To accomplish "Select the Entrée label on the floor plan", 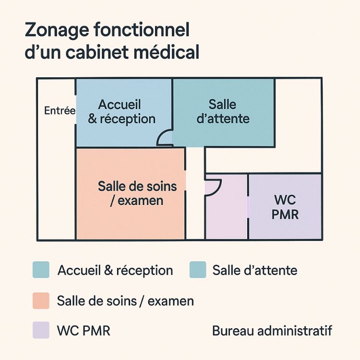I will (x=60, y=111).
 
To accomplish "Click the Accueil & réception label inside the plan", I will (x=122, y=112).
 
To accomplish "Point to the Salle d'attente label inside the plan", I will (x=223, y=111).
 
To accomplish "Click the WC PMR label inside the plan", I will (x=285, y=207).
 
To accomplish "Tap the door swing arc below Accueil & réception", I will (x=165, y=137).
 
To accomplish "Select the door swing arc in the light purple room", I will (x=213, y=187).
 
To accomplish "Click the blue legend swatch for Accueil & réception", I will (x=41, y=270).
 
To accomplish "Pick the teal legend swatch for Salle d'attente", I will (x=198, y=270).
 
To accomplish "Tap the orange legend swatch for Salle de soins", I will (x=41, y=301).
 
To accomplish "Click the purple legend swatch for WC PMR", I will (x=41, y=330).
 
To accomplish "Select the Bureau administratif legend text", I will (x=272, y=331).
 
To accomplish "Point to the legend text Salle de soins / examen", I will (x=125, y=301).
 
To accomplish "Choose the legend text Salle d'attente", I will (x=255, y=270).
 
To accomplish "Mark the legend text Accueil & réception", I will (x=115, y=270).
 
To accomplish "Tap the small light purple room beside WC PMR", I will (x=226, y=211).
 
